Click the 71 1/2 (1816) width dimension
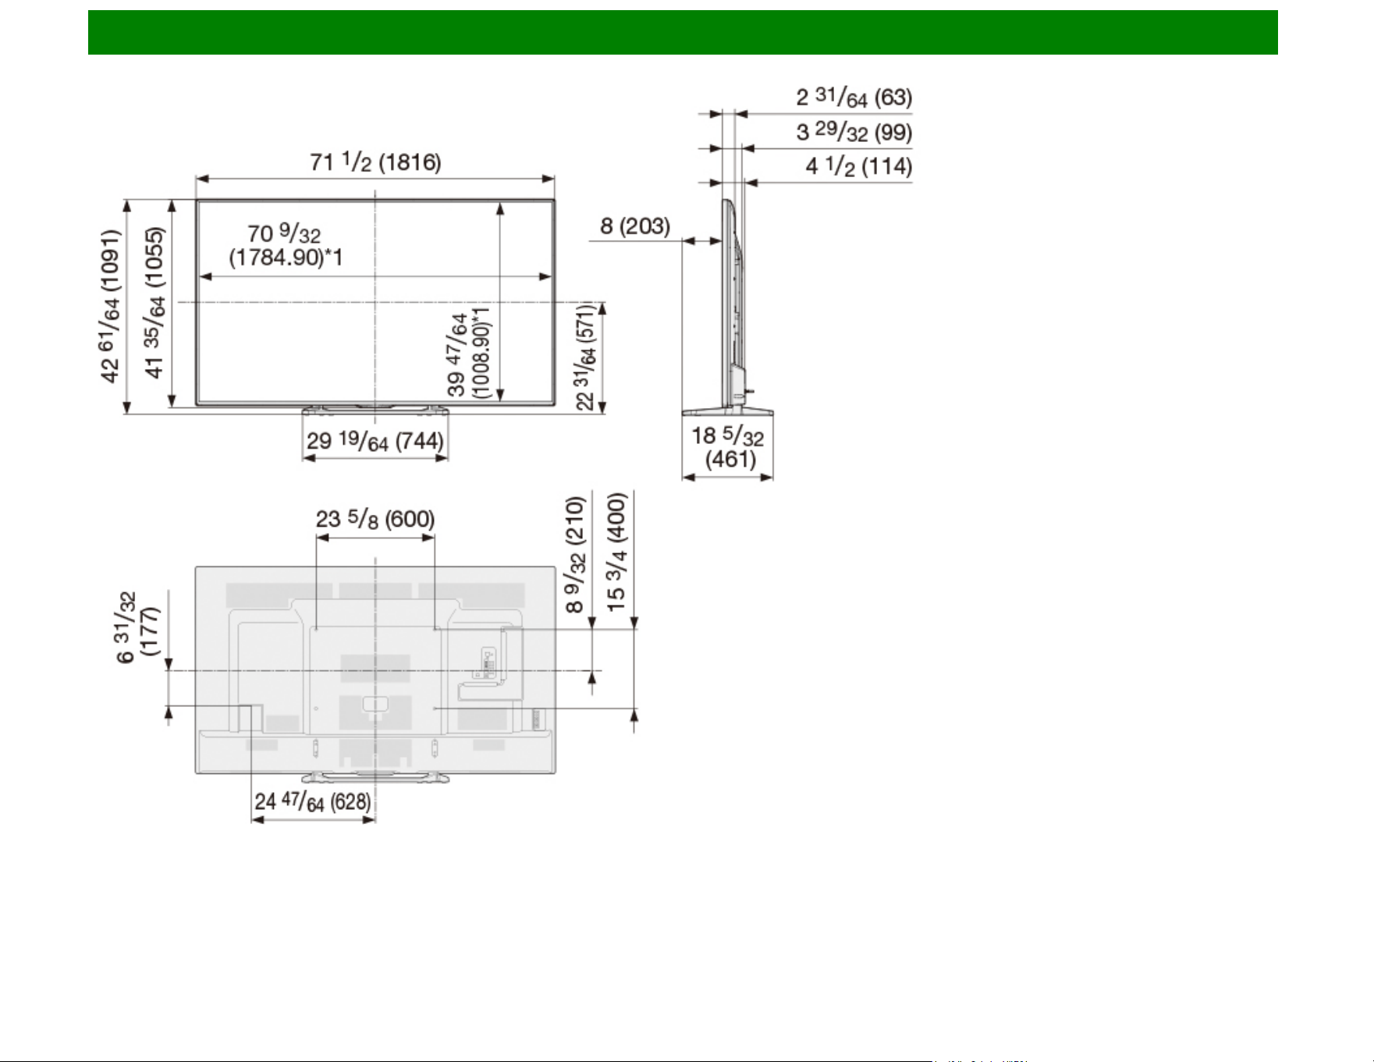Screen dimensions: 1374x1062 click(375, 162)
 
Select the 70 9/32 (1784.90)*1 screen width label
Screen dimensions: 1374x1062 click(286, 245)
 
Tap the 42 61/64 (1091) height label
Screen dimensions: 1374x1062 click(111, 306)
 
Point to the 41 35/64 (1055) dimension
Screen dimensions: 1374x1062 click(154, 303)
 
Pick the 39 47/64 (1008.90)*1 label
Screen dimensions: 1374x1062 click(469, 352)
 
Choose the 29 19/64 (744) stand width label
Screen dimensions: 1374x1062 click(375, 441)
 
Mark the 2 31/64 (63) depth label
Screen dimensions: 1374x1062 click(854, 98)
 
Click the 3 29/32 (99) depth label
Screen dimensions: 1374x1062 click(854, 132)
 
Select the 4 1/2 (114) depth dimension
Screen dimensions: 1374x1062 click(858, 166)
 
